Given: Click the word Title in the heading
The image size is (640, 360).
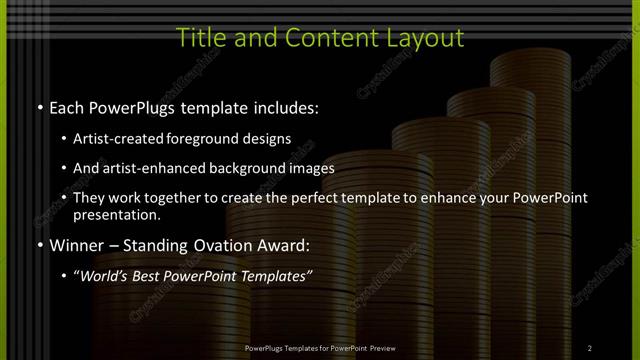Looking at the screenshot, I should [x=196, y=38].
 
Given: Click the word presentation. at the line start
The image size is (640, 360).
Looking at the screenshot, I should [x=117, y=215].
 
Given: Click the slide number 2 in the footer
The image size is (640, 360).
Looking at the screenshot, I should [x=590, y=347].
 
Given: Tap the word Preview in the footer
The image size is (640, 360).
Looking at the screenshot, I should [x=378, y=347].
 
